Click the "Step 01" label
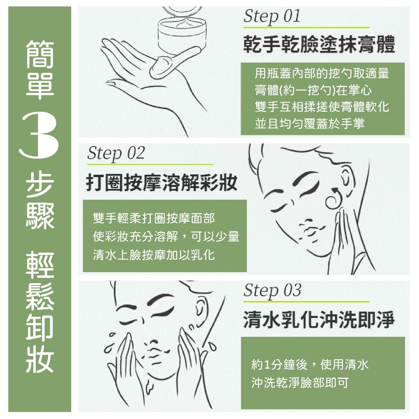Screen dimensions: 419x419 [x=272, y=16]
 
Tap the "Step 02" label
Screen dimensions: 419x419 [x=116, y=153]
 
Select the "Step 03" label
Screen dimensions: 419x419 [x=272, y=291]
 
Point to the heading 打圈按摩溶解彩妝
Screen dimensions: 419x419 [x=162, y=182]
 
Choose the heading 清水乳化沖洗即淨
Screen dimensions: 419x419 [x=319, y=320]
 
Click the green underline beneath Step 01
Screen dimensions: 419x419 [x=306, y=27]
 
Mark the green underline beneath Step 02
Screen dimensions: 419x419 [x=151, y=164]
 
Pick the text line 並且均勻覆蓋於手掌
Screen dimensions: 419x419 [x=309, y=124]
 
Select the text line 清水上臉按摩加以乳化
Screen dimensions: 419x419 [x=154, y=255]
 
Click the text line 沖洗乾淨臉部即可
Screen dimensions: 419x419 [x=300, y=383]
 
